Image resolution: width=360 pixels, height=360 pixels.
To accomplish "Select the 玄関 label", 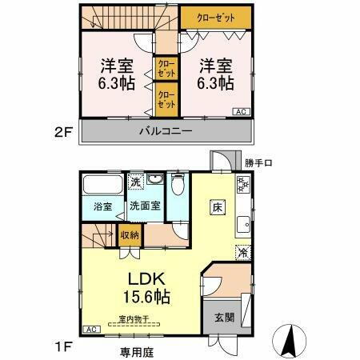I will coord(223,316).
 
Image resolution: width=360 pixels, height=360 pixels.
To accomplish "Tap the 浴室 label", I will coord(102,206).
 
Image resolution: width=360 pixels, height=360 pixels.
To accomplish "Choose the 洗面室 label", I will coord(146,206).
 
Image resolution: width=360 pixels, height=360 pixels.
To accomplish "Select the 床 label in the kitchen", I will coord(216,207).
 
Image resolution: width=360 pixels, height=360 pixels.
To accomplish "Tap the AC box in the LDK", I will coord(91,330).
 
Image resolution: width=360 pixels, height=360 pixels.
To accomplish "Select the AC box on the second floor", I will coord(240,111).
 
